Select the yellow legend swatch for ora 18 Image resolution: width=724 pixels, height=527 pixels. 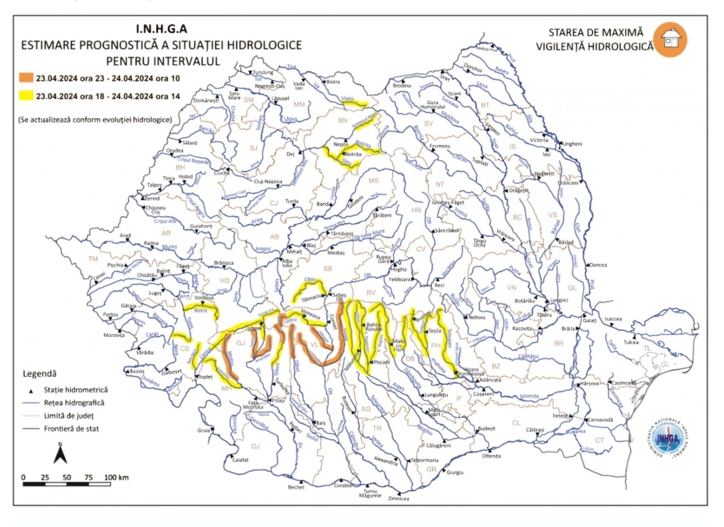tap(26, 96)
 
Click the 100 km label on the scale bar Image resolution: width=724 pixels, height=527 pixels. tap(116, 478)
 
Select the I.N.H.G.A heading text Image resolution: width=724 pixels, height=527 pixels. tap(161, 29)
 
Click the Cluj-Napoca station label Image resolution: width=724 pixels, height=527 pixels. tap(268, 181)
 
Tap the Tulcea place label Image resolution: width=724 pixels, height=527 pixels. tap(631, 342)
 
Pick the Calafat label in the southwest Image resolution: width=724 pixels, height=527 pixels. tap(240, 460)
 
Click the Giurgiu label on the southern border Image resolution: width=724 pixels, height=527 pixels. tap(455, 472)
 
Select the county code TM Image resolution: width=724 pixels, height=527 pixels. tap(93, 259)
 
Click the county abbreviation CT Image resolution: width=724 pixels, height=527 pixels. tap(599, 440)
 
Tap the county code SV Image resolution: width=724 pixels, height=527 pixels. tap(428, 124)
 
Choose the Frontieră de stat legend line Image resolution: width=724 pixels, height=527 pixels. tap(31, 428)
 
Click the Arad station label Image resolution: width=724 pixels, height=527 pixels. tap(125, 236)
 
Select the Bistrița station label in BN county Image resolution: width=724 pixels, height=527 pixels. tap(352, 154)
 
